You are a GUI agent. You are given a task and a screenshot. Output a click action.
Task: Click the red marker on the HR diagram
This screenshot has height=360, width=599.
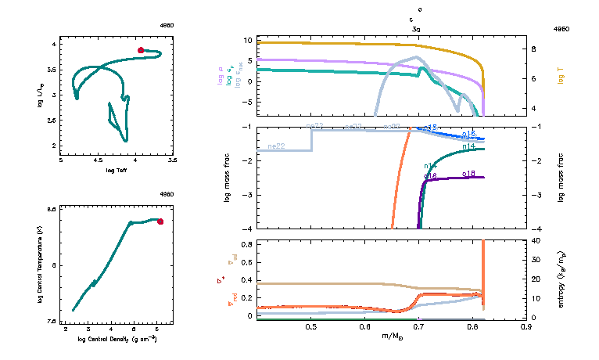click(x=141, y=50)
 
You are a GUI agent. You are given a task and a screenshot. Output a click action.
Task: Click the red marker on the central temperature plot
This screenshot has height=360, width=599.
click(x=160, y=221)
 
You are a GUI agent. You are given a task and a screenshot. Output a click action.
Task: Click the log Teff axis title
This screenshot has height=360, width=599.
click(x=117, y=170)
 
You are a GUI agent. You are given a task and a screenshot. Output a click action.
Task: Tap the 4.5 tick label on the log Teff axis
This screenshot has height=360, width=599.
click(x=99, y=160)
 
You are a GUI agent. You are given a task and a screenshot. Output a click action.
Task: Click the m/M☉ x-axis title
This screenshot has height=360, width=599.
click(x=393, y=337)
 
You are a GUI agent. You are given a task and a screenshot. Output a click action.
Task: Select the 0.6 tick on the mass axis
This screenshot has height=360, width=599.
click(x=365, y=328)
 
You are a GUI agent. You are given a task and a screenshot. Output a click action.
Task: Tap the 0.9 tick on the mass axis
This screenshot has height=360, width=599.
click(x=526, y=328)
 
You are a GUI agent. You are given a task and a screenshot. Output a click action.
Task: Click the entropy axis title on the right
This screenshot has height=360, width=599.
click(x=561, y=279)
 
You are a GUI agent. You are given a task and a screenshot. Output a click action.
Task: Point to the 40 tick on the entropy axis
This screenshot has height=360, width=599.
click(x=536, y=241)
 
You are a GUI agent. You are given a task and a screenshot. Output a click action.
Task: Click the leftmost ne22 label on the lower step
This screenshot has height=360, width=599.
click(x=275, y=146)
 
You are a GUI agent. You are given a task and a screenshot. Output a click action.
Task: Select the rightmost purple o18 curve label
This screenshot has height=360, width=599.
click(x=469, y=173)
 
